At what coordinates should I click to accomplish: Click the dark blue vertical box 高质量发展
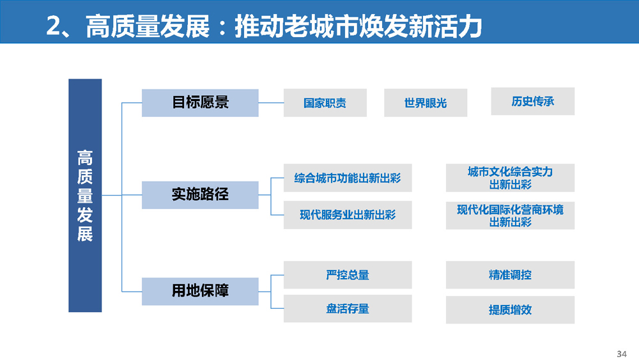click(85, 195)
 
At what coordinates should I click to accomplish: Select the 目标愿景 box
click(200, 103)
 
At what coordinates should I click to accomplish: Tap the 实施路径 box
click(200, 195)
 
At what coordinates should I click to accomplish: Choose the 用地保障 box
click(200, 292)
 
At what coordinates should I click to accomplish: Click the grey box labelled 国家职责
click(325, 103)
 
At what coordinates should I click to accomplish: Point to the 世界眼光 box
click(426, 103)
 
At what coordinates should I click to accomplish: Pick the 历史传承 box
click(533, 101)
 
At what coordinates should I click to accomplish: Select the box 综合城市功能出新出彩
click(348, 178)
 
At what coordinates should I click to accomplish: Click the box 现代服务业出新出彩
click(348, 215)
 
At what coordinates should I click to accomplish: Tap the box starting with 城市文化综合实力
click(510, 178)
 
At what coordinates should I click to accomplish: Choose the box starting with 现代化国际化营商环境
click(510, 215)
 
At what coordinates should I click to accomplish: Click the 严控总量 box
click(348, 275)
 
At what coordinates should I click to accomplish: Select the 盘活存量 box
click(348, 309)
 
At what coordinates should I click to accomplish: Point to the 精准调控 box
click(510, 275)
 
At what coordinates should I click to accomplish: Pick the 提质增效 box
click(510, 310)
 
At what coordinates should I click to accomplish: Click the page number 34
click(622, 354)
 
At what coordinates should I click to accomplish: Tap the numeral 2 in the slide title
click(54, 26)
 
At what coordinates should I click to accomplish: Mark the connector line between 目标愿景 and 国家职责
click(271, 103)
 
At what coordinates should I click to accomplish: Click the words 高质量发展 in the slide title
click(148, 26)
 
